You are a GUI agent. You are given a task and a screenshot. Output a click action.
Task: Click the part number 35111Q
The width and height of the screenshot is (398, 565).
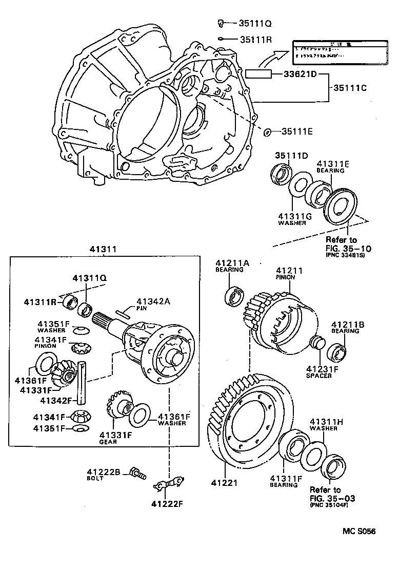point(255,23)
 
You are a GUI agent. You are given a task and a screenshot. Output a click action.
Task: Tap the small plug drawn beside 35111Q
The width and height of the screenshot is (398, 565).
point(220,22)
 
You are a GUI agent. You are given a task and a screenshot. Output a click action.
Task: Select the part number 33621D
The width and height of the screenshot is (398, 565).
point(300,74)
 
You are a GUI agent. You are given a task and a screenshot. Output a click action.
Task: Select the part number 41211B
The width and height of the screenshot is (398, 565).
point(348,325)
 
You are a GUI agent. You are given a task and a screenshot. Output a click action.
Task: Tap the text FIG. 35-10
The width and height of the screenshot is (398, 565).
point(348,249)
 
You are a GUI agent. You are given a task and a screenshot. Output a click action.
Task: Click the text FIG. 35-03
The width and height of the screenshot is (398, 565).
point(331,498)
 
